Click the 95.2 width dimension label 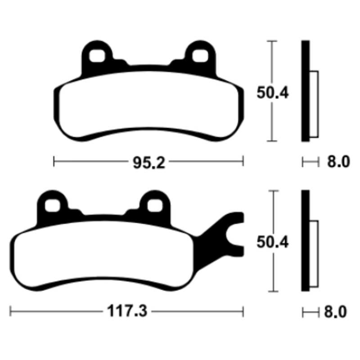(x=149, y=162)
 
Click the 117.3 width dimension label (x=127, y=311)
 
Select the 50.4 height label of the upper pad (x=272, y=93)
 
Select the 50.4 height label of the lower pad (x=272, y=242)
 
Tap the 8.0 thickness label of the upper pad (x=338, y=162)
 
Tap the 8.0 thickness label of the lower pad (x=335, y=312)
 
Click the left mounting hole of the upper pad (x=97, y=56)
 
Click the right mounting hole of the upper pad (x=200, y=56)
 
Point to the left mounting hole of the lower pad (x=52, y=206)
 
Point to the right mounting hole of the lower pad (x=155, y=206)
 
